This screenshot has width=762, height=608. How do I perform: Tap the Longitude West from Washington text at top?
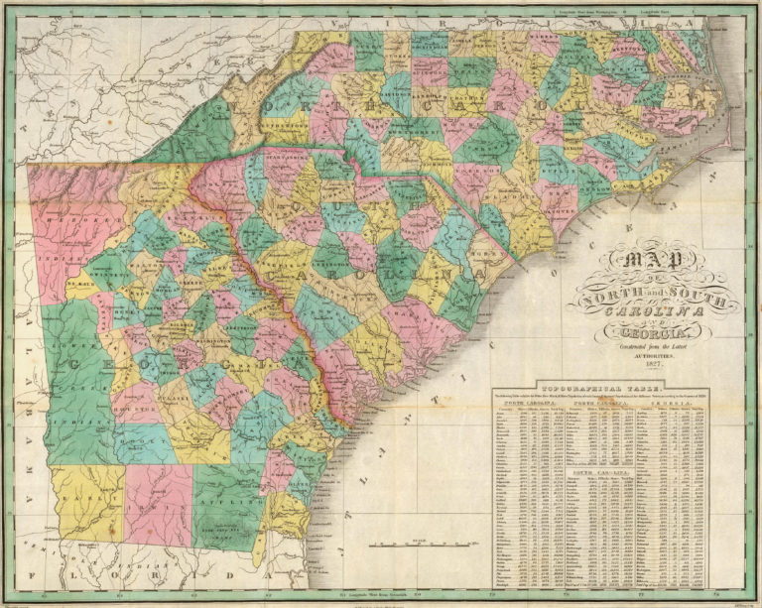point(585,11)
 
